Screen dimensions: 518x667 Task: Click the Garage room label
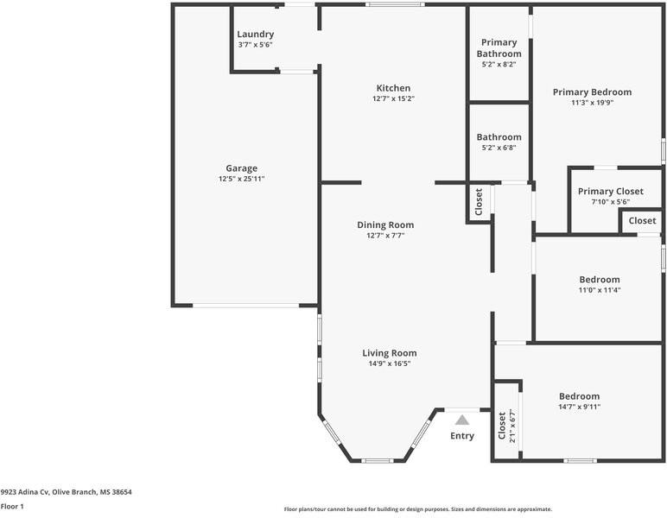click(x=241, y=168)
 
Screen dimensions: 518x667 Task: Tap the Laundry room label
click(x=255, y=35)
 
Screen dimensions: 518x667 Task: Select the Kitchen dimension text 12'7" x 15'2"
click(x=392, y=99)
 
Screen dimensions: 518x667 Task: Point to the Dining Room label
click(x=385, y=224)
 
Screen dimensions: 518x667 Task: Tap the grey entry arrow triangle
click(x=462, y=420)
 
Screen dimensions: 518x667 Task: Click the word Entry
click(x=462, y=436)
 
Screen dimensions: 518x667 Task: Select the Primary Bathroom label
click(x=499, y=47)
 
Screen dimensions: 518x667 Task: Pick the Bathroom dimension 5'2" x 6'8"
click(x=499, y=148)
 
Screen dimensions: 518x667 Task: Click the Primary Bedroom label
click(x=592, y=92)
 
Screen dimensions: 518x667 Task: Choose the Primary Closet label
click(x=610, y=191)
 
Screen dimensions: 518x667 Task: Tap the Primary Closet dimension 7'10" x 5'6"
click(x=610, y=202)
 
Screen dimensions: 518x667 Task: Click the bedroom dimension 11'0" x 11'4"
click(x=599, y=290)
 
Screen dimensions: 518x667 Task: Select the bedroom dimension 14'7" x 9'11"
click(x=579, y=407)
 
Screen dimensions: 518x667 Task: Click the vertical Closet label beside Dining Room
click(x=479, y=202)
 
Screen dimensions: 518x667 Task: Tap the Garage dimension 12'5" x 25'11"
click(x=241, y=179)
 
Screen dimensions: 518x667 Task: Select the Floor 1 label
click(x=12, y=507)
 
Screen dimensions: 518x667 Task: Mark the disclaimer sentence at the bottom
click(x=417, y=509)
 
